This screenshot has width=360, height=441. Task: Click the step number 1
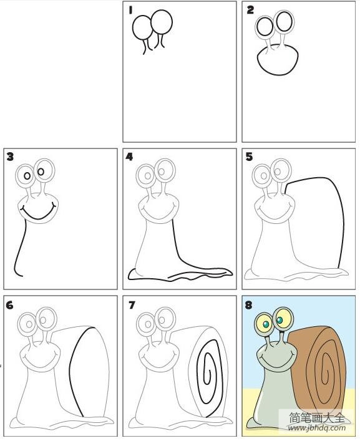[130, 10]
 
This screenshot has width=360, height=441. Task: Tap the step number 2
[250, 10]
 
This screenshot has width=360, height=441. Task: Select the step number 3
[10, 157]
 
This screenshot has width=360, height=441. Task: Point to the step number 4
[129, 157]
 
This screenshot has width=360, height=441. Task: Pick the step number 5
[249, 157]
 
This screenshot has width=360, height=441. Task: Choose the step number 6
[9, 305]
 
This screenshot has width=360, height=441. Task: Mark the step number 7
[132, 305]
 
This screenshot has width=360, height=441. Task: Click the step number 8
[248, 305]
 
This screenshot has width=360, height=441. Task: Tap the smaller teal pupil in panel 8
[266, 325]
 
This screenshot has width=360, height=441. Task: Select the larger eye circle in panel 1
[162, 22]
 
